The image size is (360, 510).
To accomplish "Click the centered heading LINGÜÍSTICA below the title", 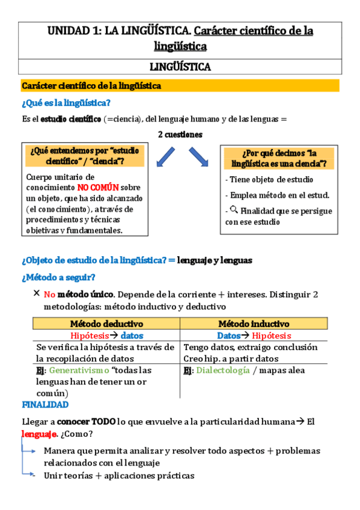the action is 180,67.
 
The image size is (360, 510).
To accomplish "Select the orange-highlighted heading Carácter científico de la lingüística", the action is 91,86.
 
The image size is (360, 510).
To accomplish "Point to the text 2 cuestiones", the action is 180,134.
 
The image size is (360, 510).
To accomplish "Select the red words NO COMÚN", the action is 99,187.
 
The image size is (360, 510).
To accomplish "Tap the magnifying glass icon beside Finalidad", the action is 234,210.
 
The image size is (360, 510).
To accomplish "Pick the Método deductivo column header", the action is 106,324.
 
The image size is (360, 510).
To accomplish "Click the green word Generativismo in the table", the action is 79,370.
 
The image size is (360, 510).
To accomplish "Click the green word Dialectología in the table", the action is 223,370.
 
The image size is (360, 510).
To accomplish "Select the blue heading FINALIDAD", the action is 45,405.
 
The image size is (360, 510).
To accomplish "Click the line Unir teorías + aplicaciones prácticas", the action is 119,475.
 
